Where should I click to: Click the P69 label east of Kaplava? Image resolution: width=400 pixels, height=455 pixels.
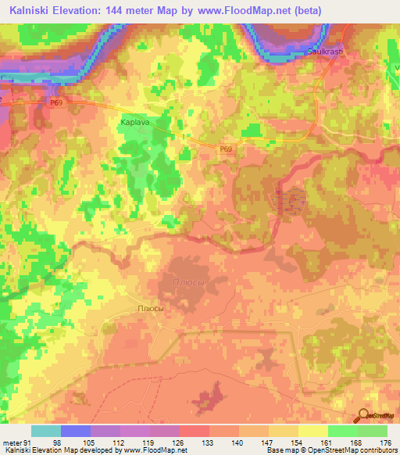[x=225, y=148]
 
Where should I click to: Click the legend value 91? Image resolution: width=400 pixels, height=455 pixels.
[x=28, y=443]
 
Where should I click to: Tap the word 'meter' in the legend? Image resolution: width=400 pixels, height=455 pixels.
[x=12, y=443]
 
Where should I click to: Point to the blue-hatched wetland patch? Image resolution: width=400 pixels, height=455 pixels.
[x=290, y=201]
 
